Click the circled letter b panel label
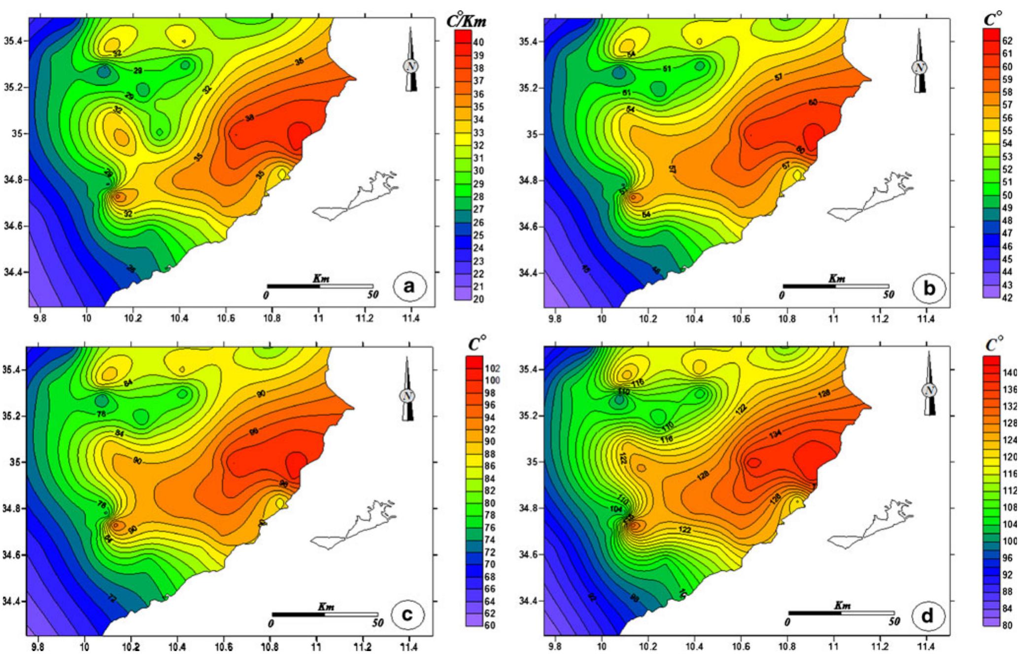[x=929, y=289]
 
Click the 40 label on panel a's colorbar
[x=478, y=43]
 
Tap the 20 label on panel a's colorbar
[x=478, y=299]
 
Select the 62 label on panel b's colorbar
[x=1007, y=41]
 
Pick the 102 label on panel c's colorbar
[x=492, y=368]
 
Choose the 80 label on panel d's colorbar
[x=1008, y=626]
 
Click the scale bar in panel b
[x=836, y=286]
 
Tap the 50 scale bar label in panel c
[x=377, y=623]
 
